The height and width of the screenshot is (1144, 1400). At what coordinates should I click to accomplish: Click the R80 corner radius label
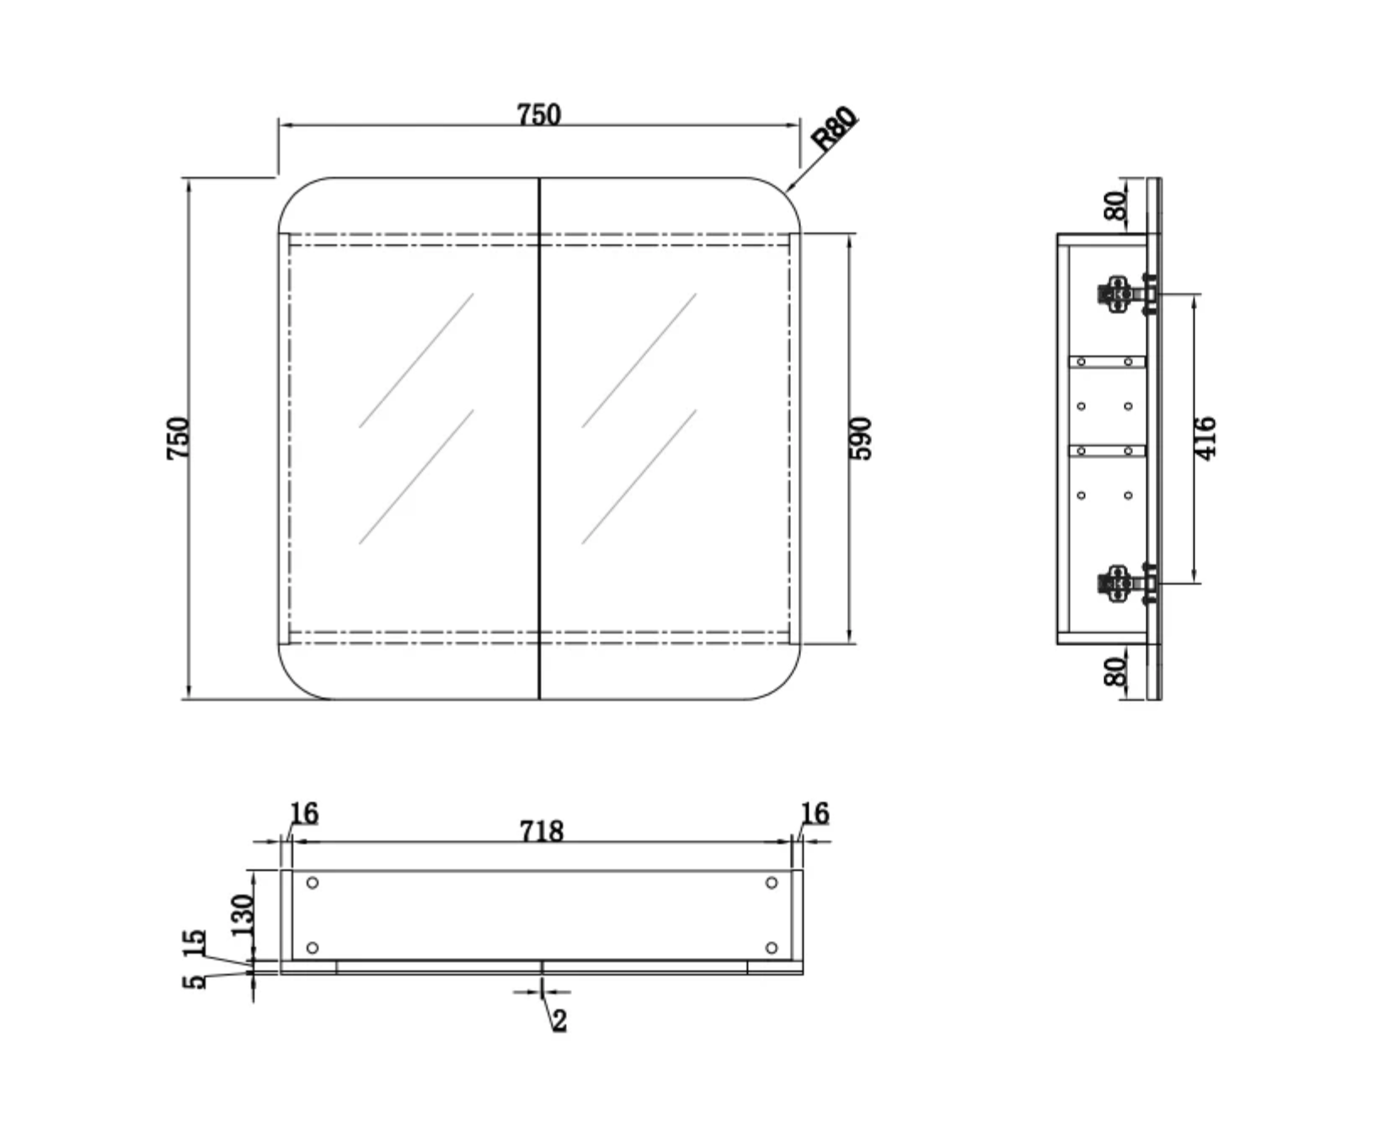point(834,128)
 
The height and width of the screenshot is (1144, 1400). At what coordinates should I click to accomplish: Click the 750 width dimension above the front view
point(539,114)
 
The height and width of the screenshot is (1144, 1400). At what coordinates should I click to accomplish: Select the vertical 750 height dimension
point(178,438)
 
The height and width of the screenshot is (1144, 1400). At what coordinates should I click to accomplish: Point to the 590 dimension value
point(862,438)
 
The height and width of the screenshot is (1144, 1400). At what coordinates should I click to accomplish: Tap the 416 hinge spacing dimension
point(1205,438)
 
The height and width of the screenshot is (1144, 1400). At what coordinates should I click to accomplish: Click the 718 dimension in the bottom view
point(541,831)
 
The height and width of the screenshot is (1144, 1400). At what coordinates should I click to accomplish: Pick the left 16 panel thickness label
point(304,813)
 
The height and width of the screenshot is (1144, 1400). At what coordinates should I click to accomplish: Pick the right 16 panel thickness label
point(815,813)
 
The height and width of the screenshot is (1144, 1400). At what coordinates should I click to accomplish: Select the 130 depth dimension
point(242,914)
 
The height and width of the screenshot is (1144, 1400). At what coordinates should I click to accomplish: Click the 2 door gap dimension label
point(559,1021)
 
